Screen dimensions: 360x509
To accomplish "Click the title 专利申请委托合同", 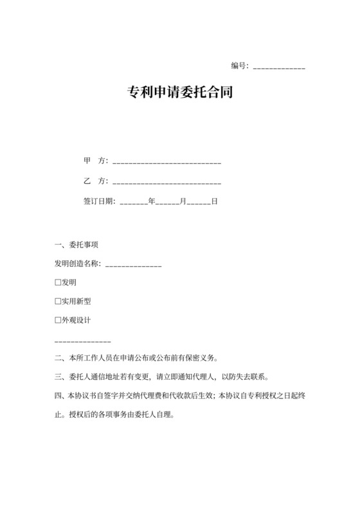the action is [180, 92].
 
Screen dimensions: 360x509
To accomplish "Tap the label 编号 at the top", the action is [239, 66].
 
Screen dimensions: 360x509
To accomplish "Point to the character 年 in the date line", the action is [152, 201].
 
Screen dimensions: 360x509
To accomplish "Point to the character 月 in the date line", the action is [183, 201].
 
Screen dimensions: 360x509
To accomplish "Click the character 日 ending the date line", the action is [215, 201].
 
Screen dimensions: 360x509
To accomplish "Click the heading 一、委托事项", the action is [76, 245].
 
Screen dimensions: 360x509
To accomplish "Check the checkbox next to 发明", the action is [58, 282].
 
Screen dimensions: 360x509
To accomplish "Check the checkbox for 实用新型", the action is [58, 301].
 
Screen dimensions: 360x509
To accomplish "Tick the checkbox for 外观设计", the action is [58, 319].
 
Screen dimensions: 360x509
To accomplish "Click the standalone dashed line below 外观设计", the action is [83, 340].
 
